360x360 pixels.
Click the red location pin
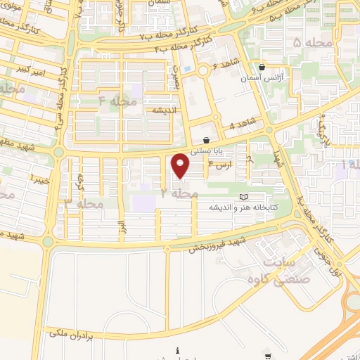tap(181, 165)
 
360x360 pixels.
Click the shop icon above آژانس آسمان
tap(262, 67)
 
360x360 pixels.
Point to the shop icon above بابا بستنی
tap(206, 139)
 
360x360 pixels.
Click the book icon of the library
tap(244, 197)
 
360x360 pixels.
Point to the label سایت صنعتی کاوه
tap(288, 269)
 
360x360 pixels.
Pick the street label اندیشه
tap(159, 110)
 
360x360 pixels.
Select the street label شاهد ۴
tap(241, 127)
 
